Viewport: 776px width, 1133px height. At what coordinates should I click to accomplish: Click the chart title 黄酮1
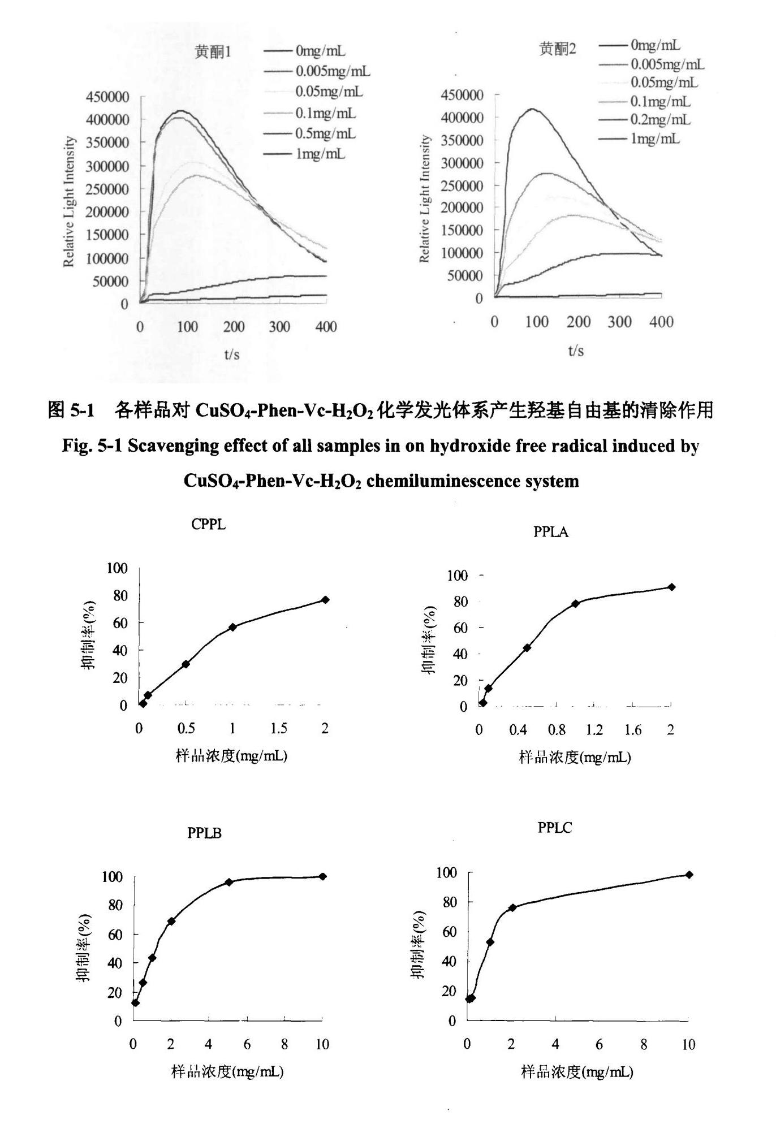(x=213, y=52)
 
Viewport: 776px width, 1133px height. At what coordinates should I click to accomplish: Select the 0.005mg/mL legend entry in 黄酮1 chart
(x=333, y=71)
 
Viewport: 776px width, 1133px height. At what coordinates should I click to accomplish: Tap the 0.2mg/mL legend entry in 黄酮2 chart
(x=660, y=120)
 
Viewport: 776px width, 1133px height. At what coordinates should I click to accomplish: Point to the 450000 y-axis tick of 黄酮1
(x=107, y=97)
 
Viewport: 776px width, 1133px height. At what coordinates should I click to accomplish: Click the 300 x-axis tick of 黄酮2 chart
(x=619, y=322)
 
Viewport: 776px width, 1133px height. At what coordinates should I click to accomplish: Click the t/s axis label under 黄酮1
(x=232, y=354)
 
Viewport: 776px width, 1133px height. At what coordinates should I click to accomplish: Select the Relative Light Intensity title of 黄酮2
(x=425, y=199)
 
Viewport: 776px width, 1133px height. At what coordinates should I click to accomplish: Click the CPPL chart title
(x=209, y=525)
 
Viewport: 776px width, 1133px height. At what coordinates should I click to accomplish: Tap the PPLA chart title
(x=551, y=532)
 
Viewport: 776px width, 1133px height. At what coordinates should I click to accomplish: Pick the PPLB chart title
(x=204, y=833)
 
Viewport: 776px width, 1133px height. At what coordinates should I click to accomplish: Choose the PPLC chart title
(x=555, y=828)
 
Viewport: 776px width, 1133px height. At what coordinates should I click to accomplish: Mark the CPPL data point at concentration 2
(x=325, y=600)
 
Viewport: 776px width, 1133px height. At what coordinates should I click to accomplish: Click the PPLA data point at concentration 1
(x=576, y=604)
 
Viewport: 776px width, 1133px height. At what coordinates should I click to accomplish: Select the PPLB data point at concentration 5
(x=229, y=882)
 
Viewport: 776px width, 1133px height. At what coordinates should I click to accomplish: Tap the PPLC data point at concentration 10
(x=689, y=875)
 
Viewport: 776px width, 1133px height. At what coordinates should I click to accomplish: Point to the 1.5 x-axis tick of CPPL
(x=279, y=729)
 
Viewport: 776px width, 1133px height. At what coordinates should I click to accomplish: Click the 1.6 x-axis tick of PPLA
(x=633, y=730)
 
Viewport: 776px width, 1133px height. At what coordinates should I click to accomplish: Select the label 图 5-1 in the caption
(x=71, y=410)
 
